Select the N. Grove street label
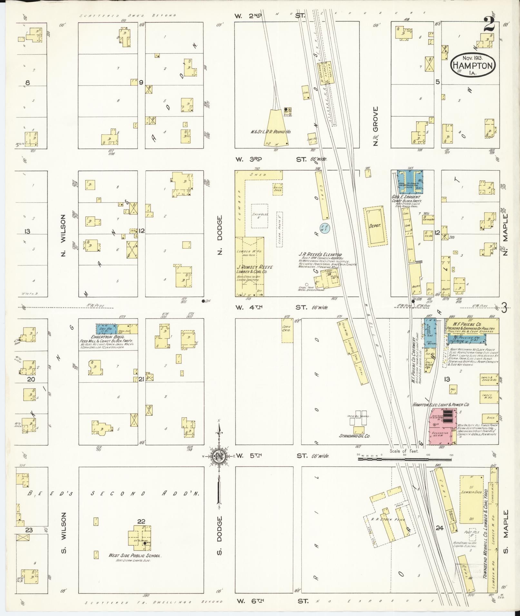375,126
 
